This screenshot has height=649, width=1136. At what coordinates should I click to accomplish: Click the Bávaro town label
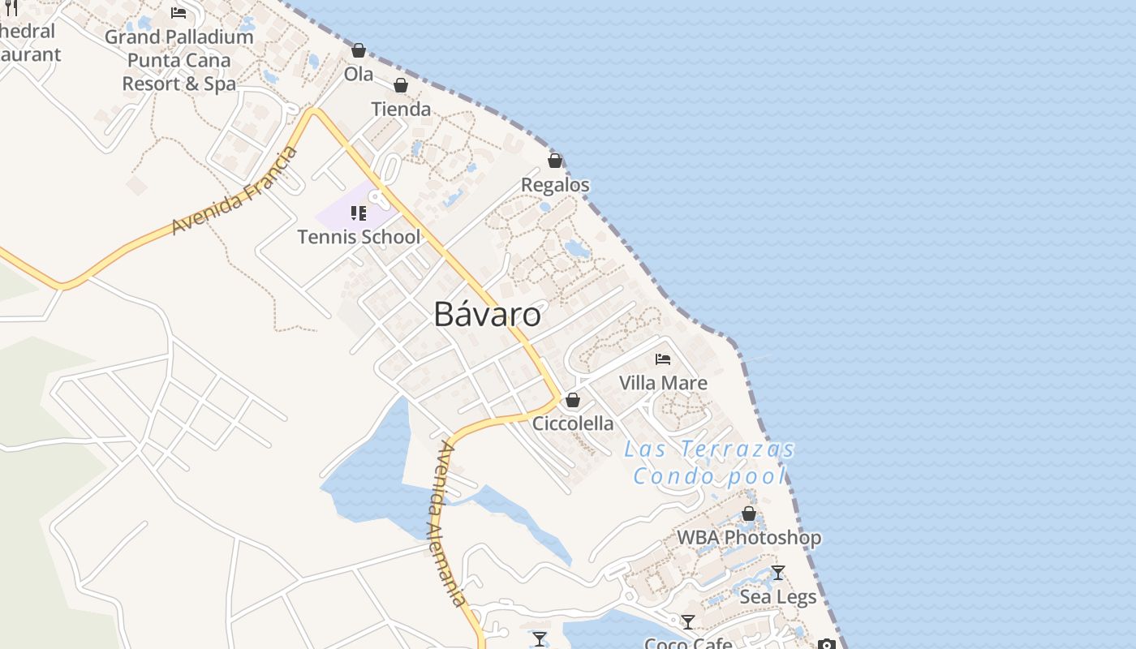[x=487, y=314]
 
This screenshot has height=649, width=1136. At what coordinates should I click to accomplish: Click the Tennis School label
[x=359, y=237]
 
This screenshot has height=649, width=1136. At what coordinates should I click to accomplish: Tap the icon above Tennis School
[x=358, y=213]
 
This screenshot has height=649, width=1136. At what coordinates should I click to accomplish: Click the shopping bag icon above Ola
[x=359, y=50]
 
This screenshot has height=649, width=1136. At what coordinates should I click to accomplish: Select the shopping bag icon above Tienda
[x=400, y=85]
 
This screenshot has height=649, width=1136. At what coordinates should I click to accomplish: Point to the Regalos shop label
[x=555, y=185]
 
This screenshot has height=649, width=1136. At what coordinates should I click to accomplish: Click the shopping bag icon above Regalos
[x=555, y=161]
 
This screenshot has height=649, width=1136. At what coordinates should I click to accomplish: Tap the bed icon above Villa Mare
[x=663, y=359]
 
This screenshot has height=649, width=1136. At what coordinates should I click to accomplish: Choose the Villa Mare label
[x=663, y=383]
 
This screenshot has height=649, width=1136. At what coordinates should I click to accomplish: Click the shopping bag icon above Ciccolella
[x=573, y=400]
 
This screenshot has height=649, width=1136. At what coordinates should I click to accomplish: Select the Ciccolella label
[x=573, y=423]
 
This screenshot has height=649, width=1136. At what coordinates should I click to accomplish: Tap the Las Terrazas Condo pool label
[x=710, y=462]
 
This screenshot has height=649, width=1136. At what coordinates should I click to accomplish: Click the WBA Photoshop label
[x=749, y=537]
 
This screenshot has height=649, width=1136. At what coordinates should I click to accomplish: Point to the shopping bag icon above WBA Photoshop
[x=749, y=514]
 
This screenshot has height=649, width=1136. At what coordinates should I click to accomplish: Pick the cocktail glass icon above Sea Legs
[x=778, y=573]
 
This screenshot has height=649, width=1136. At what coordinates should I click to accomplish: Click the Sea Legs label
[x=778, y=597]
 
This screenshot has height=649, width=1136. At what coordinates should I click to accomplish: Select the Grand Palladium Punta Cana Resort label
[x=179, y=60]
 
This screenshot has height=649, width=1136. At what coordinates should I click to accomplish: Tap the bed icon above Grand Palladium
[x=179, y=13]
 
